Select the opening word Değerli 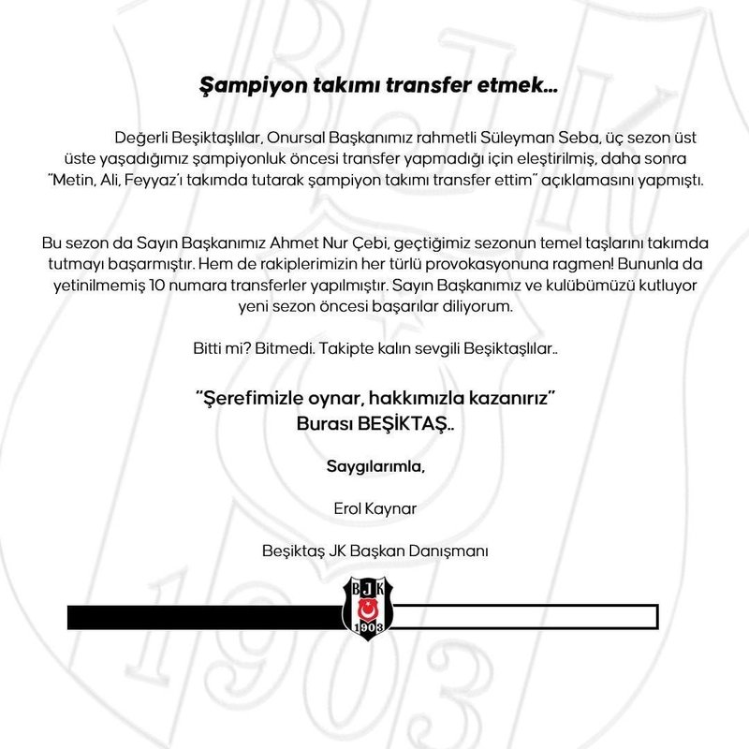[143, 138]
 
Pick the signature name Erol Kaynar [374, 509]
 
